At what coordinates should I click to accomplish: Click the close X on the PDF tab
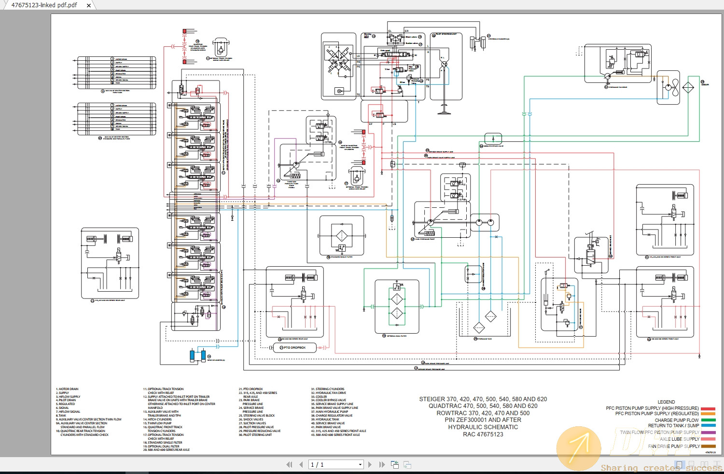[x=88, y=5]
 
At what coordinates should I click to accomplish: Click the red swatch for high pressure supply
[x=708, y=408]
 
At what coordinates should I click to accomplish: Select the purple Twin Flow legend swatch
[x=708, y=433]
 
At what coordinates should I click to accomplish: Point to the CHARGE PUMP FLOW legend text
[x=677, y=420]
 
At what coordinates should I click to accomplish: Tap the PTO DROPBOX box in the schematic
[x=294, y=348]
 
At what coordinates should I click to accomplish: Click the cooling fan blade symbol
[x=675, y=87]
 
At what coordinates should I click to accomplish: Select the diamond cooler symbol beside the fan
[x=688, y=87]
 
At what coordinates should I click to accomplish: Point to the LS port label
[x=394, y=124]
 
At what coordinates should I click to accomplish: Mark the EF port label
[x=371, y=124]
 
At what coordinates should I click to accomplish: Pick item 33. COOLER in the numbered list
[x=320, y=397]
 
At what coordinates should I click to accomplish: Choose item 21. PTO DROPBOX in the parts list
[x=251, y=389]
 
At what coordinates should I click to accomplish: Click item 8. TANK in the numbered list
[x=61, y=416]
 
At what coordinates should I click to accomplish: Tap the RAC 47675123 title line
[x=483, y=434]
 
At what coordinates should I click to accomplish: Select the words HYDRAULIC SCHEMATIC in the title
[x=483, y=427]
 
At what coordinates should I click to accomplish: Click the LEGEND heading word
[x=666, y=402]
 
